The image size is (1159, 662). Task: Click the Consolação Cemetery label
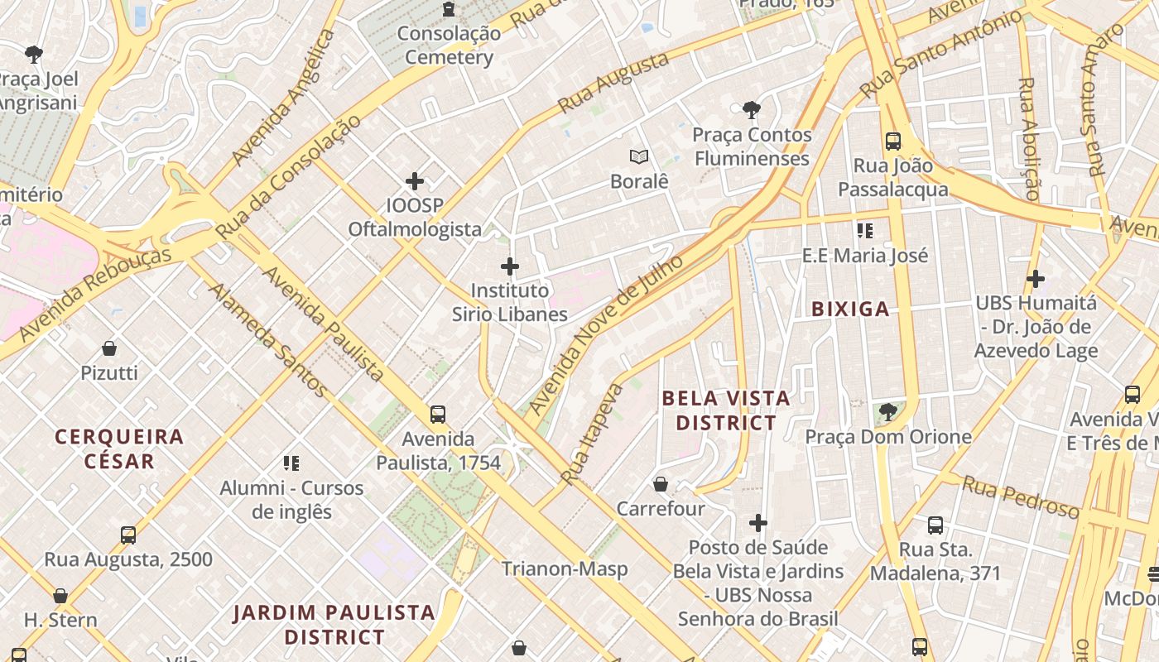point(449,46)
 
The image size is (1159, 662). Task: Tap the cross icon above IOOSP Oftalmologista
point(415,180)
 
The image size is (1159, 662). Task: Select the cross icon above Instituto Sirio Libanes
point(510,266)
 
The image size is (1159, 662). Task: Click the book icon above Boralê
point(638,156)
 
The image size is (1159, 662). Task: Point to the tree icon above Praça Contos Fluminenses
point(751,109)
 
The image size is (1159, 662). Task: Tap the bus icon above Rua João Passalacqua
point(892,141)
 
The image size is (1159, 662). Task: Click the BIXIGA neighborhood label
point(850,309)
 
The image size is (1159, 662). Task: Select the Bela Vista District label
point(726,410)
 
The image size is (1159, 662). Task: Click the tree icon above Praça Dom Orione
point(888,411)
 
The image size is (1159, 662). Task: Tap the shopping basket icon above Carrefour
point(661,484)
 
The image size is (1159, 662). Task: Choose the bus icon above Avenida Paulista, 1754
point(438,415)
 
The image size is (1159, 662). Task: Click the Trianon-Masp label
point(565,569)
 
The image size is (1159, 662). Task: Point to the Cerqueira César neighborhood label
point(119,449)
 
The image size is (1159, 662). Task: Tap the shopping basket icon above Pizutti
point(109,348)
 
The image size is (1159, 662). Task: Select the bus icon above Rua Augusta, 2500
point(128,535)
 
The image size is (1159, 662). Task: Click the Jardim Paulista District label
point(334,625)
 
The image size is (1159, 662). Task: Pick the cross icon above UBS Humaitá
point(1035,279)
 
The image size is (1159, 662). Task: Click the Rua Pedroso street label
point(1020,496)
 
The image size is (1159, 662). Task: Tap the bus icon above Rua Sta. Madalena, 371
point(935,525)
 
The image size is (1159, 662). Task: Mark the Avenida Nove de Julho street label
point(607,334)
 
